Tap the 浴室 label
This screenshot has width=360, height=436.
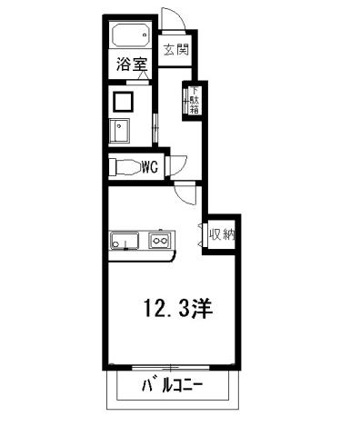click(x=128, y=64)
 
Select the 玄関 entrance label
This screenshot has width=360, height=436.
click(x=176, y=49)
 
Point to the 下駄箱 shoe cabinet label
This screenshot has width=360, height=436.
click(x=193, y=99)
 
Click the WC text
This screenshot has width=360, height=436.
click(x=151, y=167)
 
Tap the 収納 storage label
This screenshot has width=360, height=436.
click(x=222, y=235)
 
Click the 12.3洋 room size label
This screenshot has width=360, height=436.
click(x=176, y=309)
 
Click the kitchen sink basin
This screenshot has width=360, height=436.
click(x=124, y=242)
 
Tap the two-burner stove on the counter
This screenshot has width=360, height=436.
click(x=160, y=242)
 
